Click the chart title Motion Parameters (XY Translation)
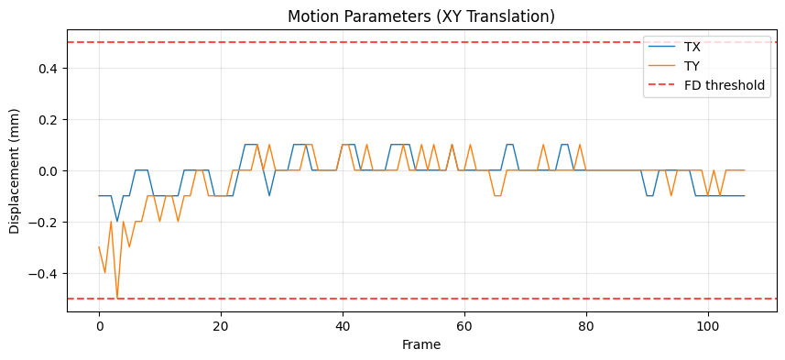point(421,16)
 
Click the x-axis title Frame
point(421,345)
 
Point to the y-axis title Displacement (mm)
point(16,171)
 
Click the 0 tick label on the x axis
point(99,326)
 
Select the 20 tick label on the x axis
point(221,326)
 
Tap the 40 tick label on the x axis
point(343,326)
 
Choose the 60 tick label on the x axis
point(464,326)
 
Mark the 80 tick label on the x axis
point(586,326)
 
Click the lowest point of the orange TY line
point(117,299)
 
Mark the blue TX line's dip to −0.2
point(117,222)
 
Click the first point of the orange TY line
point(99,247)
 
